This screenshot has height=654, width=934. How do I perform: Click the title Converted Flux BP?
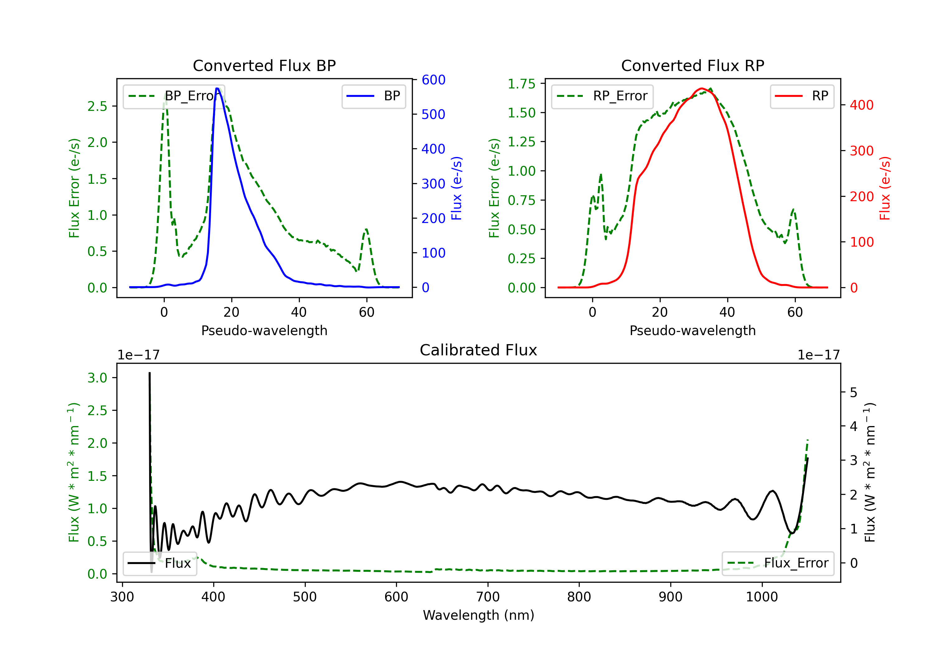264,65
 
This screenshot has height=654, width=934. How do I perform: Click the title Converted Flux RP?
692,65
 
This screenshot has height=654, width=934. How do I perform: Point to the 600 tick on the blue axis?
433,80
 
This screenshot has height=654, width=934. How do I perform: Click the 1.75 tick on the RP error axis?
521,84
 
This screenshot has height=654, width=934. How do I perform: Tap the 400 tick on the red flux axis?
861,105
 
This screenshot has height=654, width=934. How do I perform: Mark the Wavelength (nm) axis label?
479,615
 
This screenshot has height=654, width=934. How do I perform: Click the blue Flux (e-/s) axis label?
457,188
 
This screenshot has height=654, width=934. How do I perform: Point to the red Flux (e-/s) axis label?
885,188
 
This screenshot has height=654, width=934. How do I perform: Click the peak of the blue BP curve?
217,88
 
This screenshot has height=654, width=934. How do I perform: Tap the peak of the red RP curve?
702,88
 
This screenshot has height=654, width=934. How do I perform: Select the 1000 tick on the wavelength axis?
762,597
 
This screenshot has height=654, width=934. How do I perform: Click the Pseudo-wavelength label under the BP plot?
264,330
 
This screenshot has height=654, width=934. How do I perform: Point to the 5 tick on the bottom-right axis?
853,393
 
